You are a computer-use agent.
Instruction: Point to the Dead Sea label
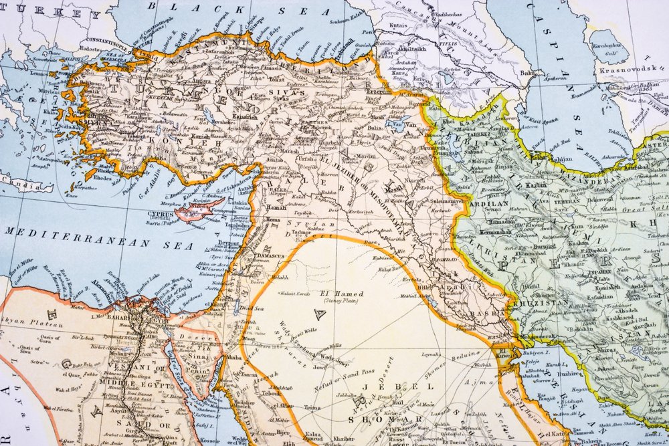(251, 308)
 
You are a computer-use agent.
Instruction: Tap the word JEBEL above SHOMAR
(379, 386)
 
